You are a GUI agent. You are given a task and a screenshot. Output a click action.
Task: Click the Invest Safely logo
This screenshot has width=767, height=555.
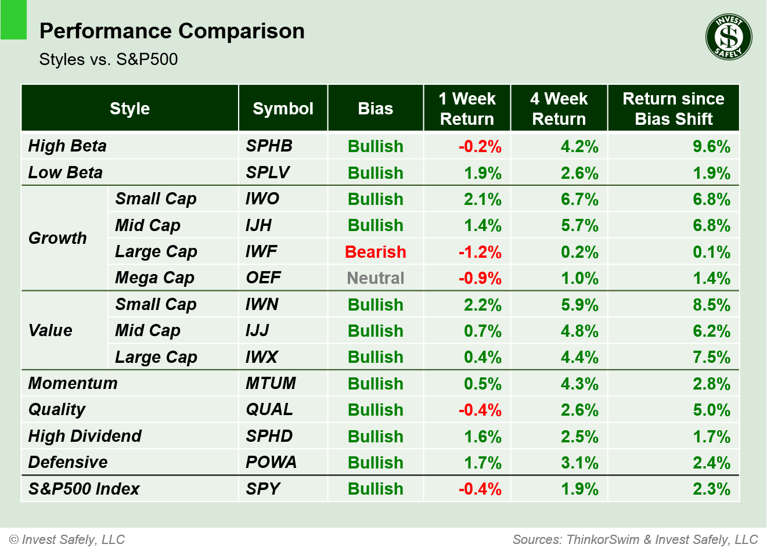click(729, 37)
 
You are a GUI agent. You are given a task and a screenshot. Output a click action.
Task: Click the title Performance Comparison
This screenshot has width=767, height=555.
click(172, 31)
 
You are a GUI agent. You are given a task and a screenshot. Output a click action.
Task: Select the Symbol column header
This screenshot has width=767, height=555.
click(283, 109)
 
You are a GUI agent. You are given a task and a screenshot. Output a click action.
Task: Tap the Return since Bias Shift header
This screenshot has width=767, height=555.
click(673, 109)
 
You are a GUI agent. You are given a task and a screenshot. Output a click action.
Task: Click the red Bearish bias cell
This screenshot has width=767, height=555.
click(375, 252)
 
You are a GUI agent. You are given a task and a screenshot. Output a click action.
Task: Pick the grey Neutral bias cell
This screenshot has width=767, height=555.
click(375, 278)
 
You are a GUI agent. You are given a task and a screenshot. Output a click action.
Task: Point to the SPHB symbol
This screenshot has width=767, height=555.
click(269, 146)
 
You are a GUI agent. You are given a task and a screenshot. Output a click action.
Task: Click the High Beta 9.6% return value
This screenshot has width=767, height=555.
click(711, 146)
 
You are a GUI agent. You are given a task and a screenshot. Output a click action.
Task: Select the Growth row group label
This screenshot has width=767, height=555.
click(57, 238)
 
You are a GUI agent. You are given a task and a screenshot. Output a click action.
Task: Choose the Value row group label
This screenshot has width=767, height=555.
click(51, 330)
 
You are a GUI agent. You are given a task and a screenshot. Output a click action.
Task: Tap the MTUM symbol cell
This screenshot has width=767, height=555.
click(271, 383)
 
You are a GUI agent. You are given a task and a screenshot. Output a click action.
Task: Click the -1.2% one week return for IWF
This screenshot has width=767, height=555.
click(480, 252)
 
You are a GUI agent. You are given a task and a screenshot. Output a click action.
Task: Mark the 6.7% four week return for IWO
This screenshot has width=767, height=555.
click(579, 199)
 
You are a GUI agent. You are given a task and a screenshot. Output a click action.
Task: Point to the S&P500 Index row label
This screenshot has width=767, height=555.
click(84, 489)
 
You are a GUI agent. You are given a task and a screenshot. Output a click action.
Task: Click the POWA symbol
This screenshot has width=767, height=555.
click(271, 462)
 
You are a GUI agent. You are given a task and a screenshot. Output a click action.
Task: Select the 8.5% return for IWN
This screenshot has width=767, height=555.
click(711, 305)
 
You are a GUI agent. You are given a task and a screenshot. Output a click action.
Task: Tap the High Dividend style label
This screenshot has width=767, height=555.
click(85, 436)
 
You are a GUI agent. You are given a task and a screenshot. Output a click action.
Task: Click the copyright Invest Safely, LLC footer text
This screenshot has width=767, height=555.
click(67, 539)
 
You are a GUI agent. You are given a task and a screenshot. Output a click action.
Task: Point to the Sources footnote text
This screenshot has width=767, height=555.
click(635, 539)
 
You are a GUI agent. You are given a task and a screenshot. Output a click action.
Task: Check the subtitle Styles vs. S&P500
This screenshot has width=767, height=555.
click(109, 59)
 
